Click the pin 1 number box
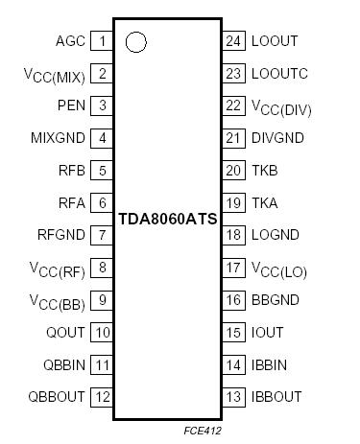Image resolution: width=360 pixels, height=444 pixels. coord(103,41)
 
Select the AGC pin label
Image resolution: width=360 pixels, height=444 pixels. coord(70,41)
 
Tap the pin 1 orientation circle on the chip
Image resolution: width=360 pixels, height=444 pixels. coord(136,41)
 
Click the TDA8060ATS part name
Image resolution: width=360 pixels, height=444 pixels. coord(168,218)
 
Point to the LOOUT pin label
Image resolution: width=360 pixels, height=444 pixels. coord(274,41)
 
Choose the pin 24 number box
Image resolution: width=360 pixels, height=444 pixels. coord(233,41)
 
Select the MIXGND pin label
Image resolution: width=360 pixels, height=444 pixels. coord(58,138)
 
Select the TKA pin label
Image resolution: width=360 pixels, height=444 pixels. coord(265,203)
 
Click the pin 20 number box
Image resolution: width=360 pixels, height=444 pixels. coord(233,171)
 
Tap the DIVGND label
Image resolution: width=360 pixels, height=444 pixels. coord(277,138)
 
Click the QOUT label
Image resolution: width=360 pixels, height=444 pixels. coord(66,333)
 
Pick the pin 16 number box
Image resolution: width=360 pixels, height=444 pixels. coord(233,300)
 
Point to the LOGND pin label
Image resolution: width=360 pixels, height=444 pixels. coord(275,235)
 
